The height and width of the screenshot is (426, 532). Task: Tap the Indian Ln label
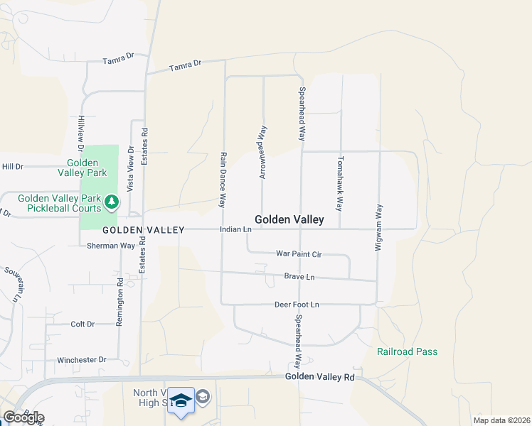tap(236, 229)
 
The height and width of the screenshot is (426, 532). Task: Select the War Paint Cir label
tap(299, 253)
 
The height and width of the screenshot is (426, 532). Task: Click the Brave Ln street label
tap(299, 276)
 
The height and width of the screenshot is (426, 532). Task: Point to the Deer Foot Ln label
tap(297, 305)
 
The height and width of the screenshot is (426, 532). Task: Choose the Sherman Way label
tap(111, 246)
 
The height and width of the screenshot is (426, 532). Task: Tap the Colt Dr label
tap(83, 324)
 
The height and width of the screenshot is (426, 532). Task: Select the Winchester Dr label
tap(82, 360)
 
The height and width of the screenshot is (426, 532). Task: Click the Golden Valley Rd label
tap(319, 377)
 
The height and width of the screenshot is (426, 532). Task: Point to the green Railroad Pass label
tap(407, 351)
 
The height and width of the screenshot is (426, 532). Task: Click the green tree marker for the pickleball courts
tap(111, 203)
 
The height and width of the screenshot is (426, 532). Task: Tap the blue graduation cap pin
tap(181, 402)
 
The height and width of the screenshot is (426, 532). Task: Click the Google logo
tap(23, 417)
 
